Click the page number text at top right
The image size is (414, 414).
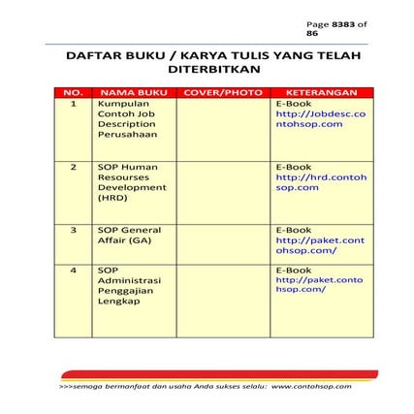(336, 27)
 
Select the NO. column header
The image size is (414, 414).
(73, 92)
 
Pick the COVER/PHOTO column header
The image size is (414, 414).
(222, 92)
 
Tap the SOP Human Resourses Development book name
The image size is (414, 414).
(132, 181)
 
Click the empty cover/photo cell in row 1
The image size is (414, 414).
(222, 128)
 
